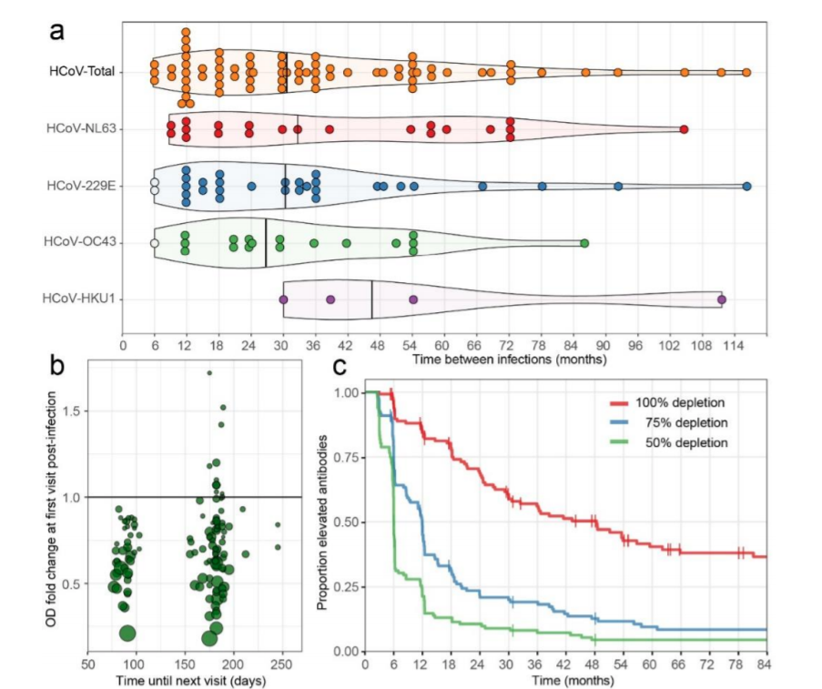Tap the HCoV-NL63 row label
pyautogui.click(x=84, y=129)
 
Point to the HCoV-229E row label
pyautogui.click(x=84, y=186)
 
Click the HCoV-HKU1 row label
pyautogui.click(x=84, y=299)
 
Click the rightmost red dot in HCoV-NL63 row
pyautogui.click(x=684, y=129)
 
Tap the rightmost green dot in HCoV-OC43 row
pyautogui.click(x=584, y=243)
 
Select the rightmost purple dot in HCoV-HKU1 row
pyautogui.click(x=722, y=299)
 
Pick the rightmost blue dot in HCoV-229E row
pyautogui.click(x=746, y=186)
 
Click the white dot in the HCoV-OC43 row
pyautogui.click(x=155, y=243)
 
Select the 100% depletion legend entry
pyautogui.click(x=670, y=401)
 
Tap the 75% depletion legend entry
pyautogui.click(x=670, y=422)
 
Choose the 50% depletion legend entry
pyautogui.click(x=670, y=442)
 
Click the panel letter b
pyautogui.click(x=57, y=366)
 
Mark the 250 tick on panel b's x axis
pyautogui.click(x=282, y=665)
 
